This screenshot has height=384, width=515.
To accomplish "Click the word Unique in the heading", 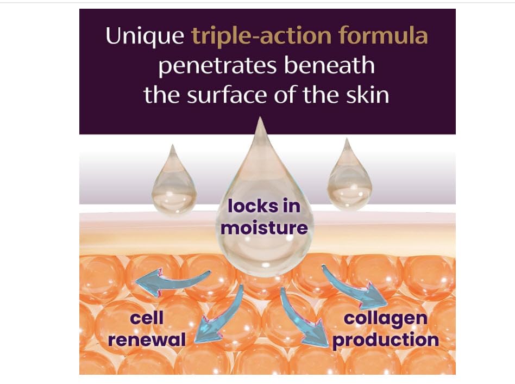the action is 143,36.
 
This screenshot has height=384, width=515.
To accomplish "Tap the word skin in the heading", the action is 369,95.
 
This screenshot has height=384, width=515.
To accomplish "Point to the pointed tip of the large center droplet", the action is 262,121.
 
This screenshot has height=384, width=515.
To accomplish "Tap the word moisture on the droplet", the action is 264,227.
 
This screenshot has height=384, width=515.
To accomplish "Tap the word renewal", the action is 147,340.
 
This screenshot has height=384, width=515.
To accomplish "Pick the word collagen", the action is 385,318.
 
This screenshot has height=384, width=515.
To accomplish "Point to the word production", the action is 385,340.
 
